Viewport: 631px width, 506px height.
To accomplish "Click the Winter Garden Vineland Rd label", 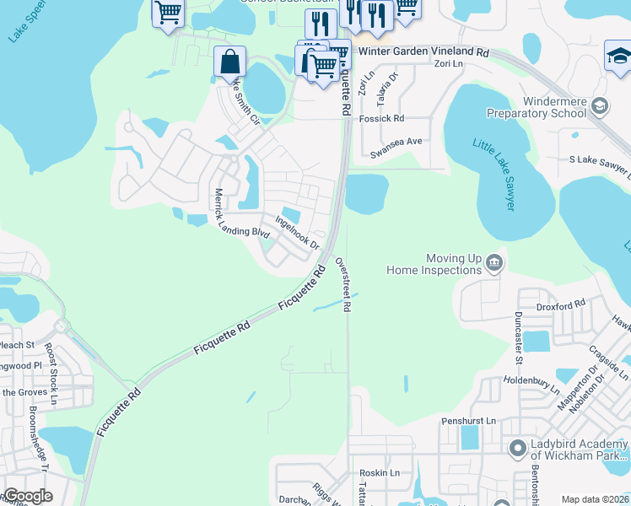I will pos(423,51).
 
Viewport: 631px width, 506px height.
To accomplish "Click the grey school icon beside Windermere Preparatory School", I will pos(599,105).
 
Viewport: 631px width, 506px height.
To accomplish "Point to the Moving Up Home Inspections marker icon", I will pos(495,263).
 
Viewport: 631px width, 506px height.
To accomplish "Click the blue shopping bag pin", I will pos(229,63).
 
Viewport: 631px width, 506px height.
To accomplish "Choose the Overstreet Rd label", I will pos(343,284).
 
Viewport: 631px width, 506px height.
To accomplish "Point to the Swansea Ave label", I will pos(396,154).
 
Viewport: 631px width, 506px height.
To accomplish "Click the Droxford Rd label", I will pos(565,304).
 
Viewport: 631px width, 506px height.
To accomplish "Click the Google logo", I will pos(28,496).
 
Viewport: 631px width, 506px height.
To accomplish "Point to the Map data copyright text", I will pos(594,499).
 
